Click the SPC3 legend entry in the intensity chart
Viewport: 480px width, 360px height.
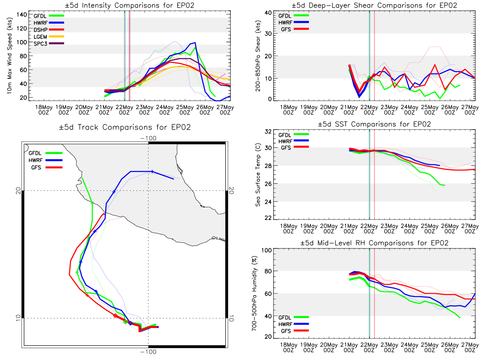48,44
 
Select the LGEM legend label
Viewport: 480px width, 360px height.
40,37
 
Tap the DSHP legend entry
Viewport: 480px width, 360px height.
48,30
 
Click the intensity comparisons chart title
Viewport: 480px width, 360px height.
130,5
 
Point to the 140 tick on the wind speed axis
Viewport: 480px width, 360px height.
22,15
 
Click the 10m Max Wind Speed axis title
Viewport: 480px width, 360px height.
10,56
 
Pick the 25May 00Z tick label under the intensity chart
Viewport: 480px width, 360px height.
185,110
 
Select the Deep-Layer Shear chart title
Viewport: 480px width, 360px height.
374,5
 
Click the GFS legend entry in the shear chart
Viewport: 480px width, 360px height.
295,29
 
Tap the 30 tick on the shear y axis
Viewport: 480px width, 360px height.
268,34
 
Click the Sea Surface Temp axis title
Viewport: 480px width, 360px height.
258,175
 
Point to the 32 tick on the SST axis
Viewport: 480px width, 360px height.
268,132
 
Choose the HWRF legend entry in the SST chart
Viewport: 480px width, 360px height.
294,141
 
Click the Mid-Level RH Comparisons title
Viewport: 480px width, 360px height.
374,243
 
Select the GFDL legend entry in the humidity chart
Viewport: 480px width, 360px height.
294,317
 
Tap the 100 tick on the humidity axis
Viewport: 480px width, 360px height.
266,250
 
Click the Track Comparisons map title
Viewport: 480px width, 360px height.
125,127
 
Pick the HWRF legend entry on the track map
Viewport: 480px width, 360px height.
46,160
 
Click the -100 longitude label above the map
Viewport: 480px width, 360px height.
148,138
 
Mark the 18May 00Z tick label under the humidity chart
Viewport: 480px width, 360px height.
289,348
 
